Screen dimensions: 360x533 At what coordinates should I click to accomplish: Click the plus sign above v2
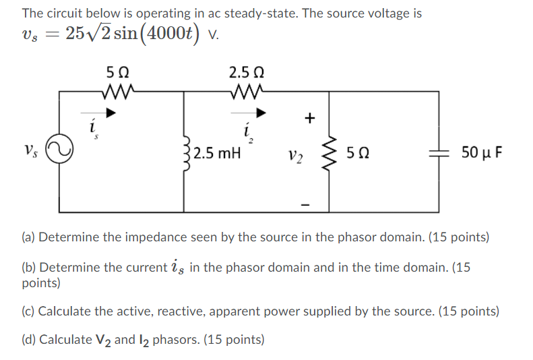309,118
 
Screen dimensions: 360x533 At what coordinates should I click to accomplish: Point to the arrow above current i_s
107,113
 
